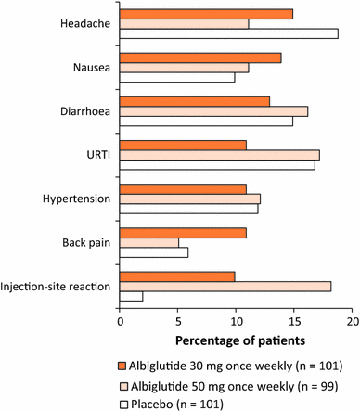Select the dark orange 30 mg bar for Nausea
pyautogui.click(x=200, y=58)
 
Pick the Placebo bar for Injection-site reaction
pyautogui.click(x=132, y=296)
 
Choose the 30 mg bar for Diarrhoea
pyautogui.click(x=195, y=100)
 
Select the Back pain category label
pyautogui.click(x=86, y=242)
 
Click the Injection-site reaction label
pyautogui.click(x=58, y=286)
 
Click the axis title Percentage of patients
pyautogui.click(x=237, y=340)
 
